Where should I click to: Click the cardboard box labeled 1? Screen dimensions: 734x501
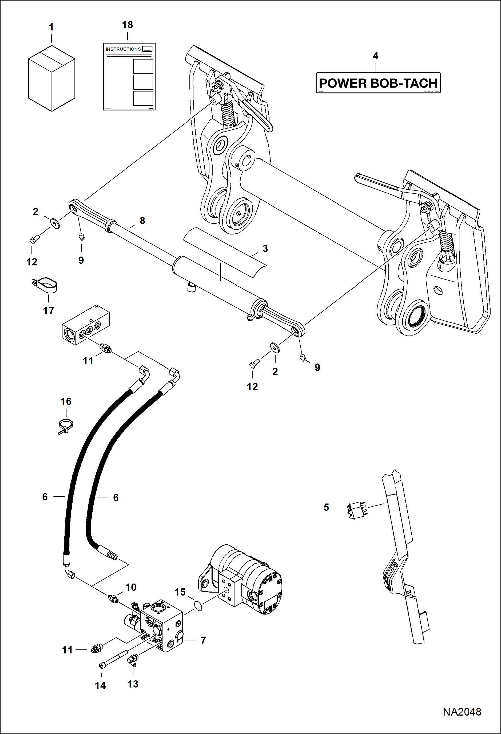click(x=52, y=79)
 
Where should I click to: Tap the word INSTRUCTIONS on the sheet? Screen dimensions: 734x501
click(x=123, y=49)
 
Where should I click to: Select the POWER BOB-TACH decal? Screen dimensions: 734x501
click(x=378, y=83)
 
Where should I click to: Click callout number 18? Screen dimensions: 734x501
click(x=127, y=25)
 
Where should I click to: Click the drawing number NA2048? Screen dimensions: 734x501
click(x=462, y=712)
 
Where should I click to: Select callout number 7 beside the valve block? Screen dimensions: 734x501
click(x=203, y=640)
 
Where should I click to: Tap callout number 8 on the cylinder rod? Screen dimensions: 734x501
click(x=142, y=221)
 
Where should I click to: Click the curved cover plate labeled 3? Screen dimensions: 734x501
click(x=225, y=252)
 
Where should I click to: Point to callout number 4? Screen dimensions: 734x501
click(x=376, y=56)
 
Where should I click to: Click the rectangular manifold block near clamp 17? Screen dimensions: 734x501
click(x=86, y=324)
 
